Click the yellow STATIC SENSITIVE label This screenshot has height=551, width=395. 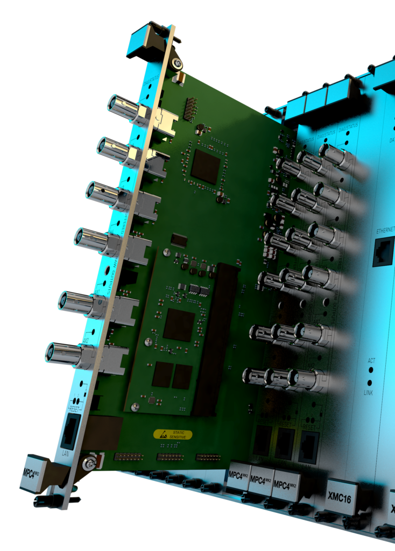(x=173, y=434)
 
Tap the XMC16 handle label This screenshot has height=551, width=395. (x=339, y=499)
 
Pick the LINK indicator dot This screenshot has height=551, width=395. (x=370, y=383)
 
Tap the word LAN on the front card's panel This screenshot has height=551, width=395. (x=66, y=453)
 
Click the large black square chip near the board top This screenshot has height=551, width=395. (x=204, y=166)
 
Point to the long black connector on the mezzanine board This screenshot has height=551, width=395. (x=215, y=339)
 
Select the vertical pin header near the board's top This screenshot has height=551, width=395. (x=189, y=110)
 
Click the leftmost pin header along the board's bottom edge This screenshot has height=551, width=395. (x=128, y=456)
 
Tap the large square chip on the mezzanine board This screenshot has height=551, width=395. (x=179, y=324)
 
